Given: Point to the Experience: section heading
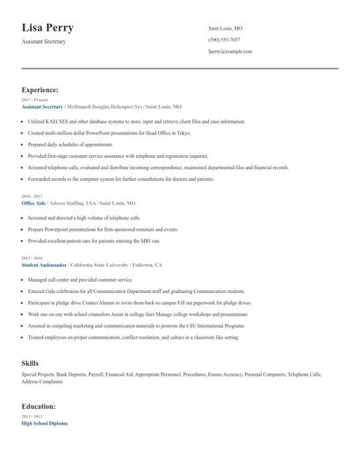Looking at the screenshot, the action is (40, 89).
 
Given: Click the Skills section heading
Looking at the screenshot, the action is (30, 361).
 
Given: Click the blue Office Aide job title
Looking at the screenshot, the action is (33, 202).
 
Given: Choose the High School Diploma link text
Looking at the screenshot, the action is (44, 424).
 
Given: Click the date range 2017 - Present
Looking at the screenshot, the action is (31, 100).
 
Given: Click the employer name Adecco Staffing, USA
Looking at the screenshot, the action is (72, 202).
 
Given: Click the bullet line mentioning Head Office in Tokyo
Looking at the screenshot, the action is (108, 133).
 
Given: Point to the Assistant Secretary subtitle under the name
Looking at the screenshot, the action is (44, 41).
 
